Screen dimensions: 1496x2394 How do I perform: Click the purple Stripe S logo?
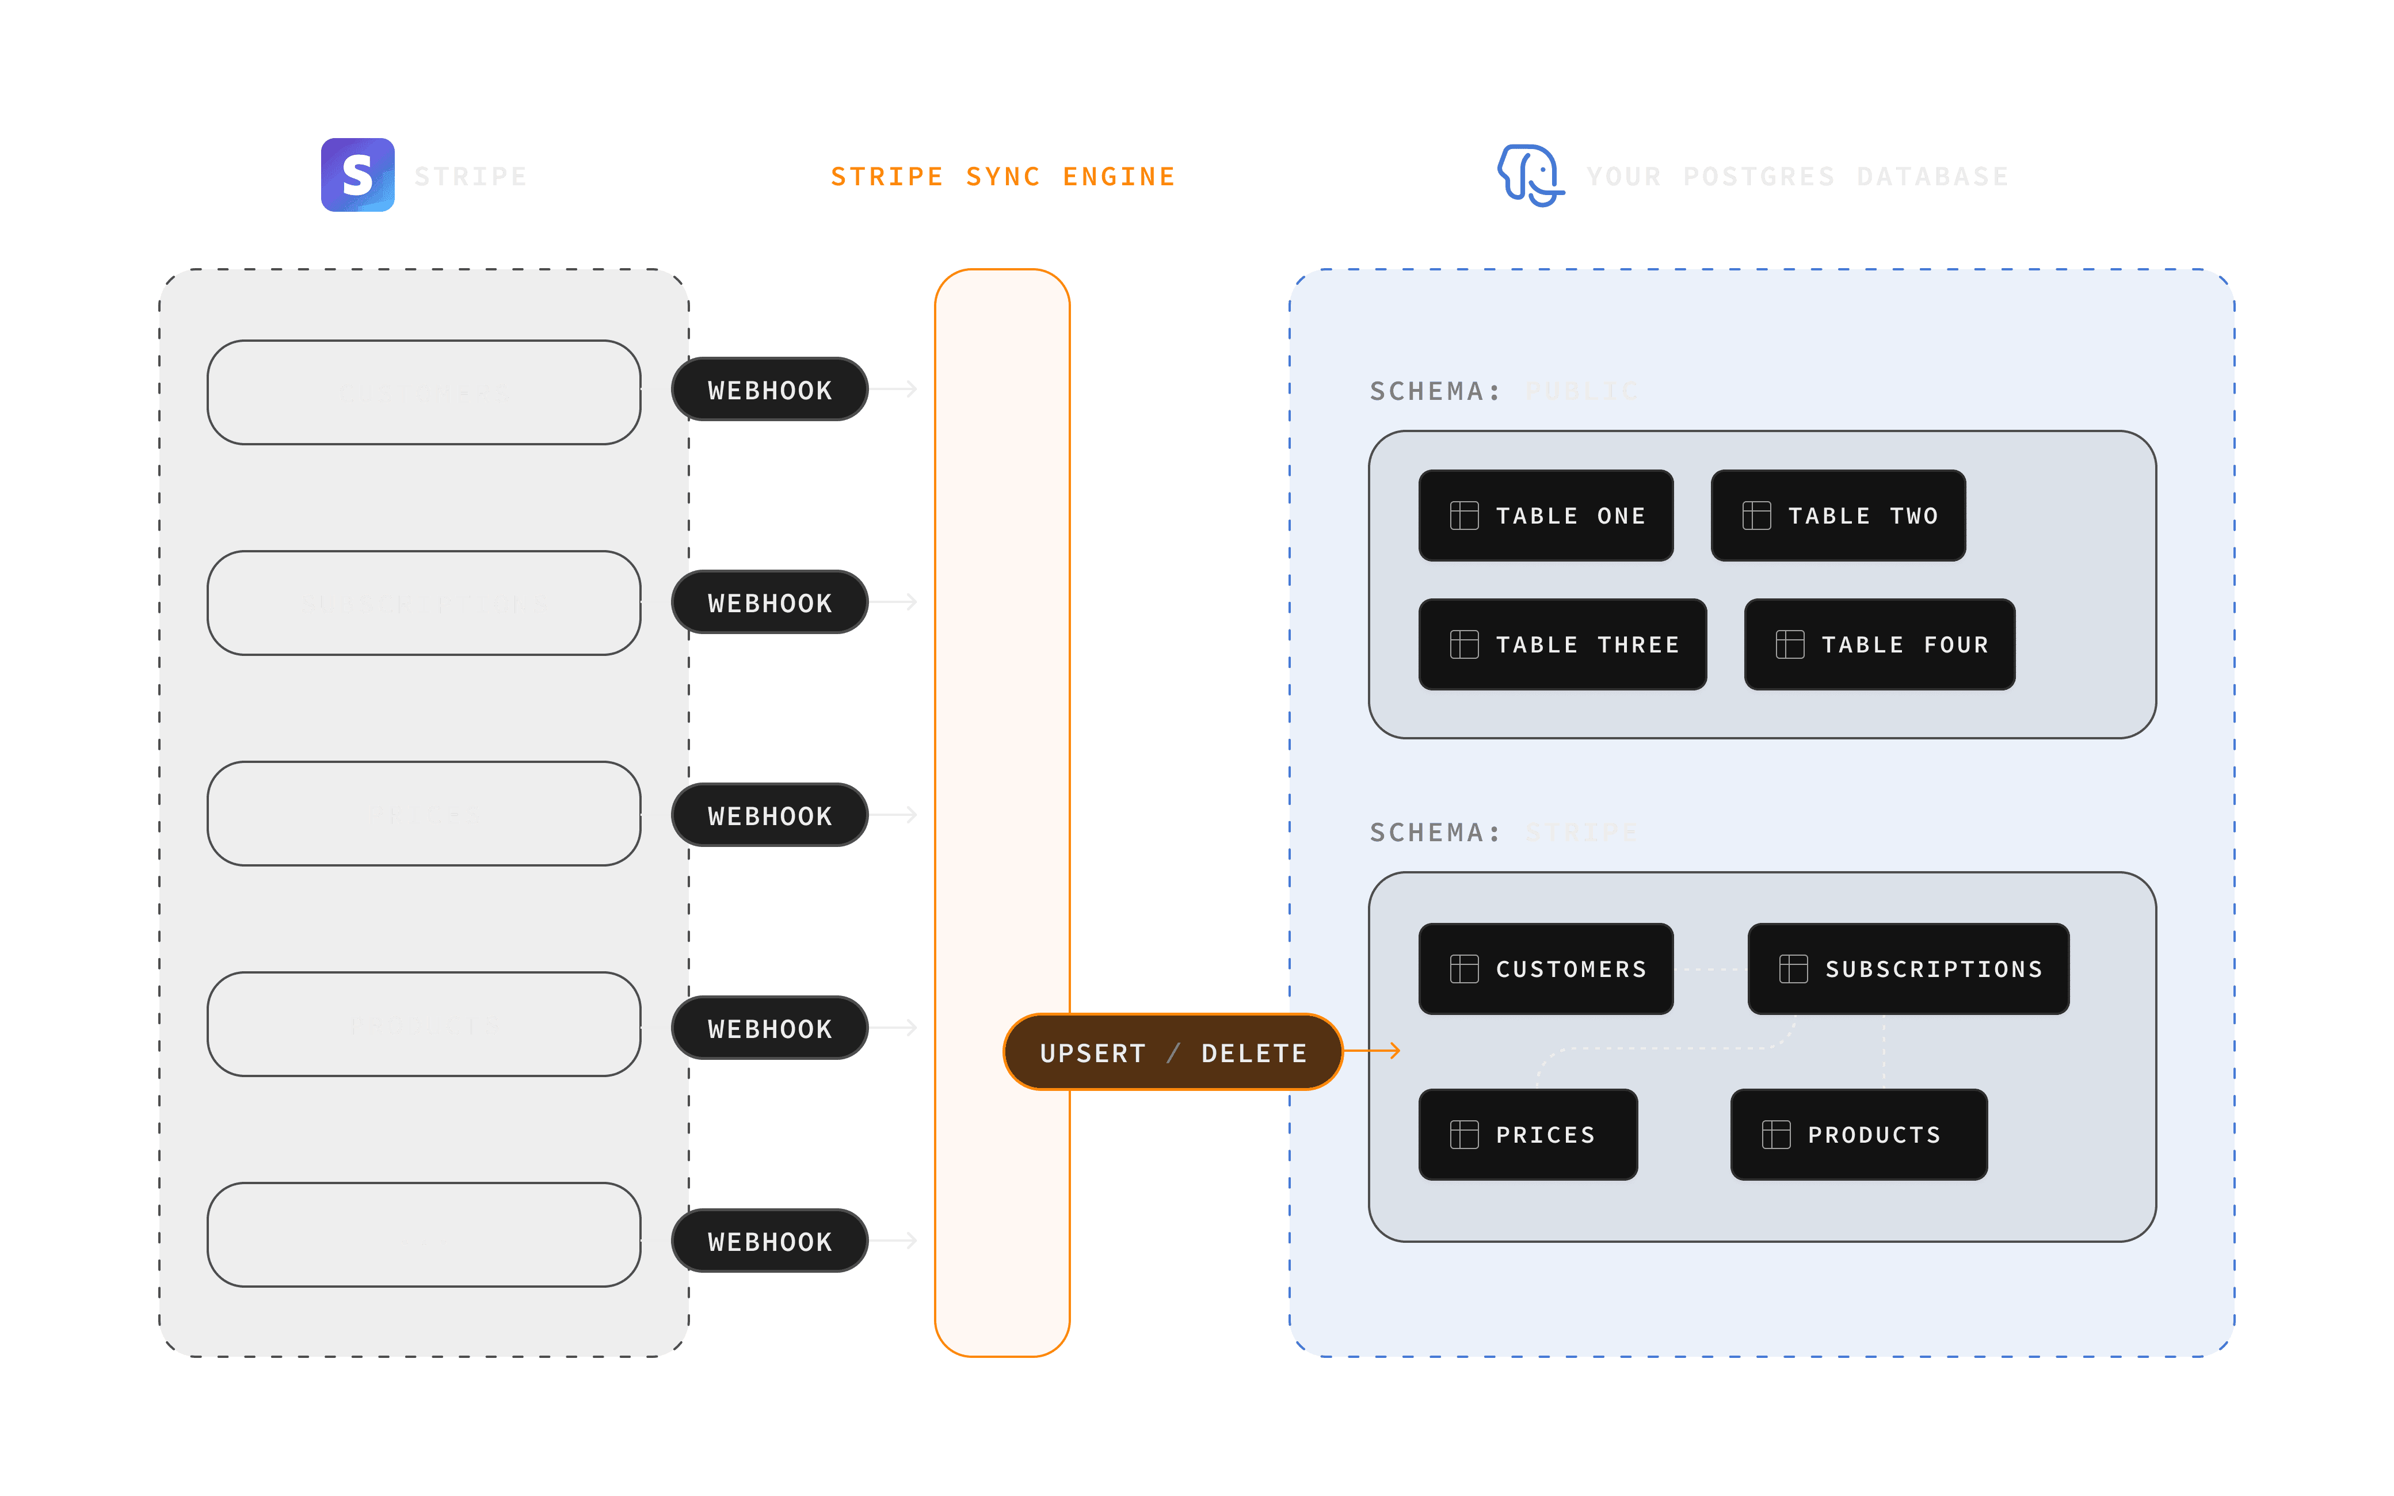tap(357, 175)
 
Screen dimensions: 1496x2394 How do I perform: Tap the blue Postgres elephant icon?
tap(1530, 175)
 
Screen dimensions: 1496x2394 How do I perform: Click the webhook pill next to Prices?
tap(769, 815)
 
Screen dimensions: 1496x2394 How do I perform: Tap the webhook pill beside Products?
tap(769, 1028)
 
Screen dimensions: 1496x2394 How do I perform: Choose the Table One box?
tap(1545, 516)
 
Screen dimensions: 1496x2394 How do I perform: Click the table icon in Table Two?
tap(1756, 516)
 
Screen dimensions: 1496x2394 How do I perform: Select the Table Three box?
tap(1562, 644)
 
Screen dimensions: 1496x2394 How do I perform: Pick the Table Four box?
tap(1878, 644)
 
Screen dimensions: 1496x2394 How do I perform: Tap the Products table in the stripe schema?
tap(1858, 1135)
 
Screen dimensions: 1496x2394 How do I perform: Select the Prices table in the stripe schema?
tap(1527, 1135)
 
